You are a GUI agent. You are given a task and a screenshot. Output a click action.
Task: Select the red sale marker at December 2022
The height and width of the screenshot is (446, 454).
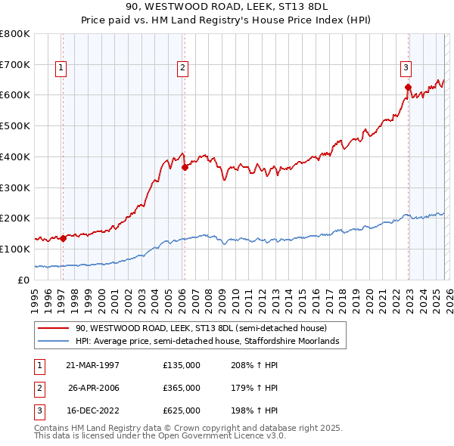click(x=407, y=87)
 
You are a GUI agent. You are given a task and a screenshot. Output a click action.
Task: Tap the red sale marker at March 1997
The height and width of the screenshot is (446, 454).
click(x=64, y=238)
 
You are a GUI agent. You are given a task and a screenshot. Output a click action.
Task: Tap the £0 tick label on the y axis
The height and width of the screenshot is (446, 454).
click(x=23, y=280)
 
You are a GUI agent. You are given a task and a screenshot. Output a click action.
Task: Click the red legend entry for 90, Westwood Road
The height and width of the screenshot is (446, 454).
click(x=201, y=329)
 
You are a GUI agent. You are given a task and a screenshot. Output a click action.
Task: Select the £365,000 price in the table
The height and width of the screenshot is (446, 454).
click(x=182, y=388)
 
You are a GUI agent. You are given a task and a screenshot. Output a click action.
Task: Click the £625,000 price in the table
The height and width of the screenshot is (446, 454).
click(x=182, y=410)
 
